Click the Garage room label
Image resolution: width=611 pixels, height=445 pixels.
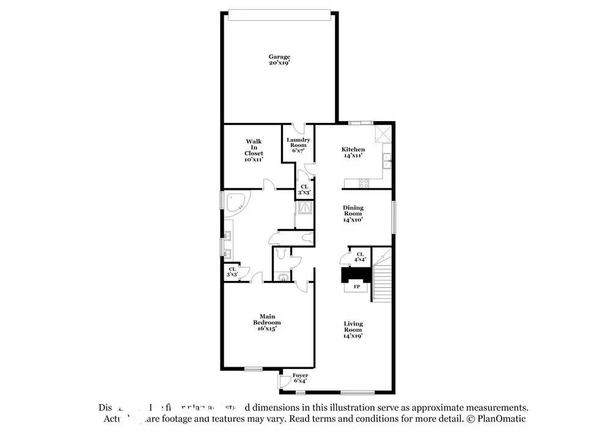pyautogui.click(x=279, y=57)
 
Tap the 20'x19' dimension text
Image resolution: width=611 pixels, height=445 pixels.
pyautogui.click(x=279, y=63)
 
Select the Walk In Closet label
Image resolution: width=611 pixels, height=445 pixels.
pyautogui.click(x=254, y=147)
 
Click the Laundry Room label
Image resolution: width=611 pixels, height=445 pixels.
pyautogui.click(x=298, y=143)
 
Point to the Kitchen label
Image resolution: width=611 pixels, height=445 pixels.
pyautogui.click(x=353, y=149)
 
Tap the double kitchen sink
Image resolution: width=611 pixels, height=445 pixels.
pyautogui.click(x=387, y=162)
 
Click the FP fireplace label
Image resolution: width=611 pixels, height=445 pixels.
pyautogui.click(x=357, y=286)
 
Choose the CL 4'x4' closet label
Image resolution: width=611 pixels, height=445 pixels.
pyautogui.click(x=360, y=256)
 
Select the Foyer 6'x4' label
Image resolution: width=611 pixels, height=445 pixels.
pyautogui.click(x=300, y=378)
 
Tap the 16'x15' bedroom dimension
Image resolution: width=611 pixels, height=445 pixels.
pyautogui.click(x=267, y=329)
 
